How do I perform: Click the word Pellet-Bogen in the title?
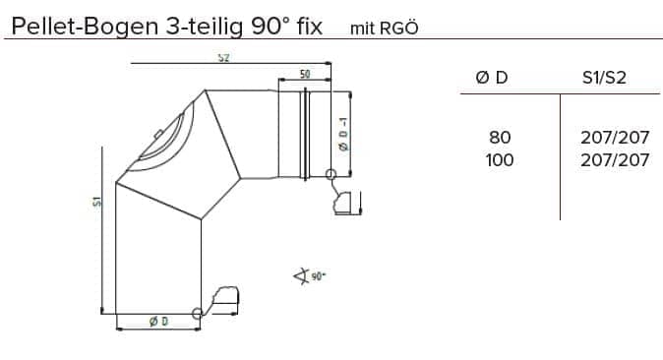pyautogui.click(x=85, y=28)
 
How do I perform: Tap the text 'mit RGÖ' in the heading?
pyautogui.click(x=384, y=28)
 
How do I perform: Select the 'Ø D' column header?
pyautogui.click(x=491, y=78)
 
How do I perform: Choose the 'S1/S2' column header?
pyautogui.click(x=604, y=78)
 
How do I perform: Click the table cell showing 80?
pyautogui.click(x=500, y=137)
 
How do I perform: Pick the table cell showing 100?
pyautogui.click(x=500, y=160)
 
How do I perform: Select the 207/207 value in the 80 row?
pyautogui.click(x=615, y=137)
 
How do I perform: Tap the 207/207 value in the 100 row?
pyautogui.click(x=615, y=160)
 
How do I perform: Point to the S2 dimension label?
pyautogui.click(x=223, y=57)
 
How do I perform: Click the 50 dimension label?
pyautogui.click(x=305, y=74)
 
